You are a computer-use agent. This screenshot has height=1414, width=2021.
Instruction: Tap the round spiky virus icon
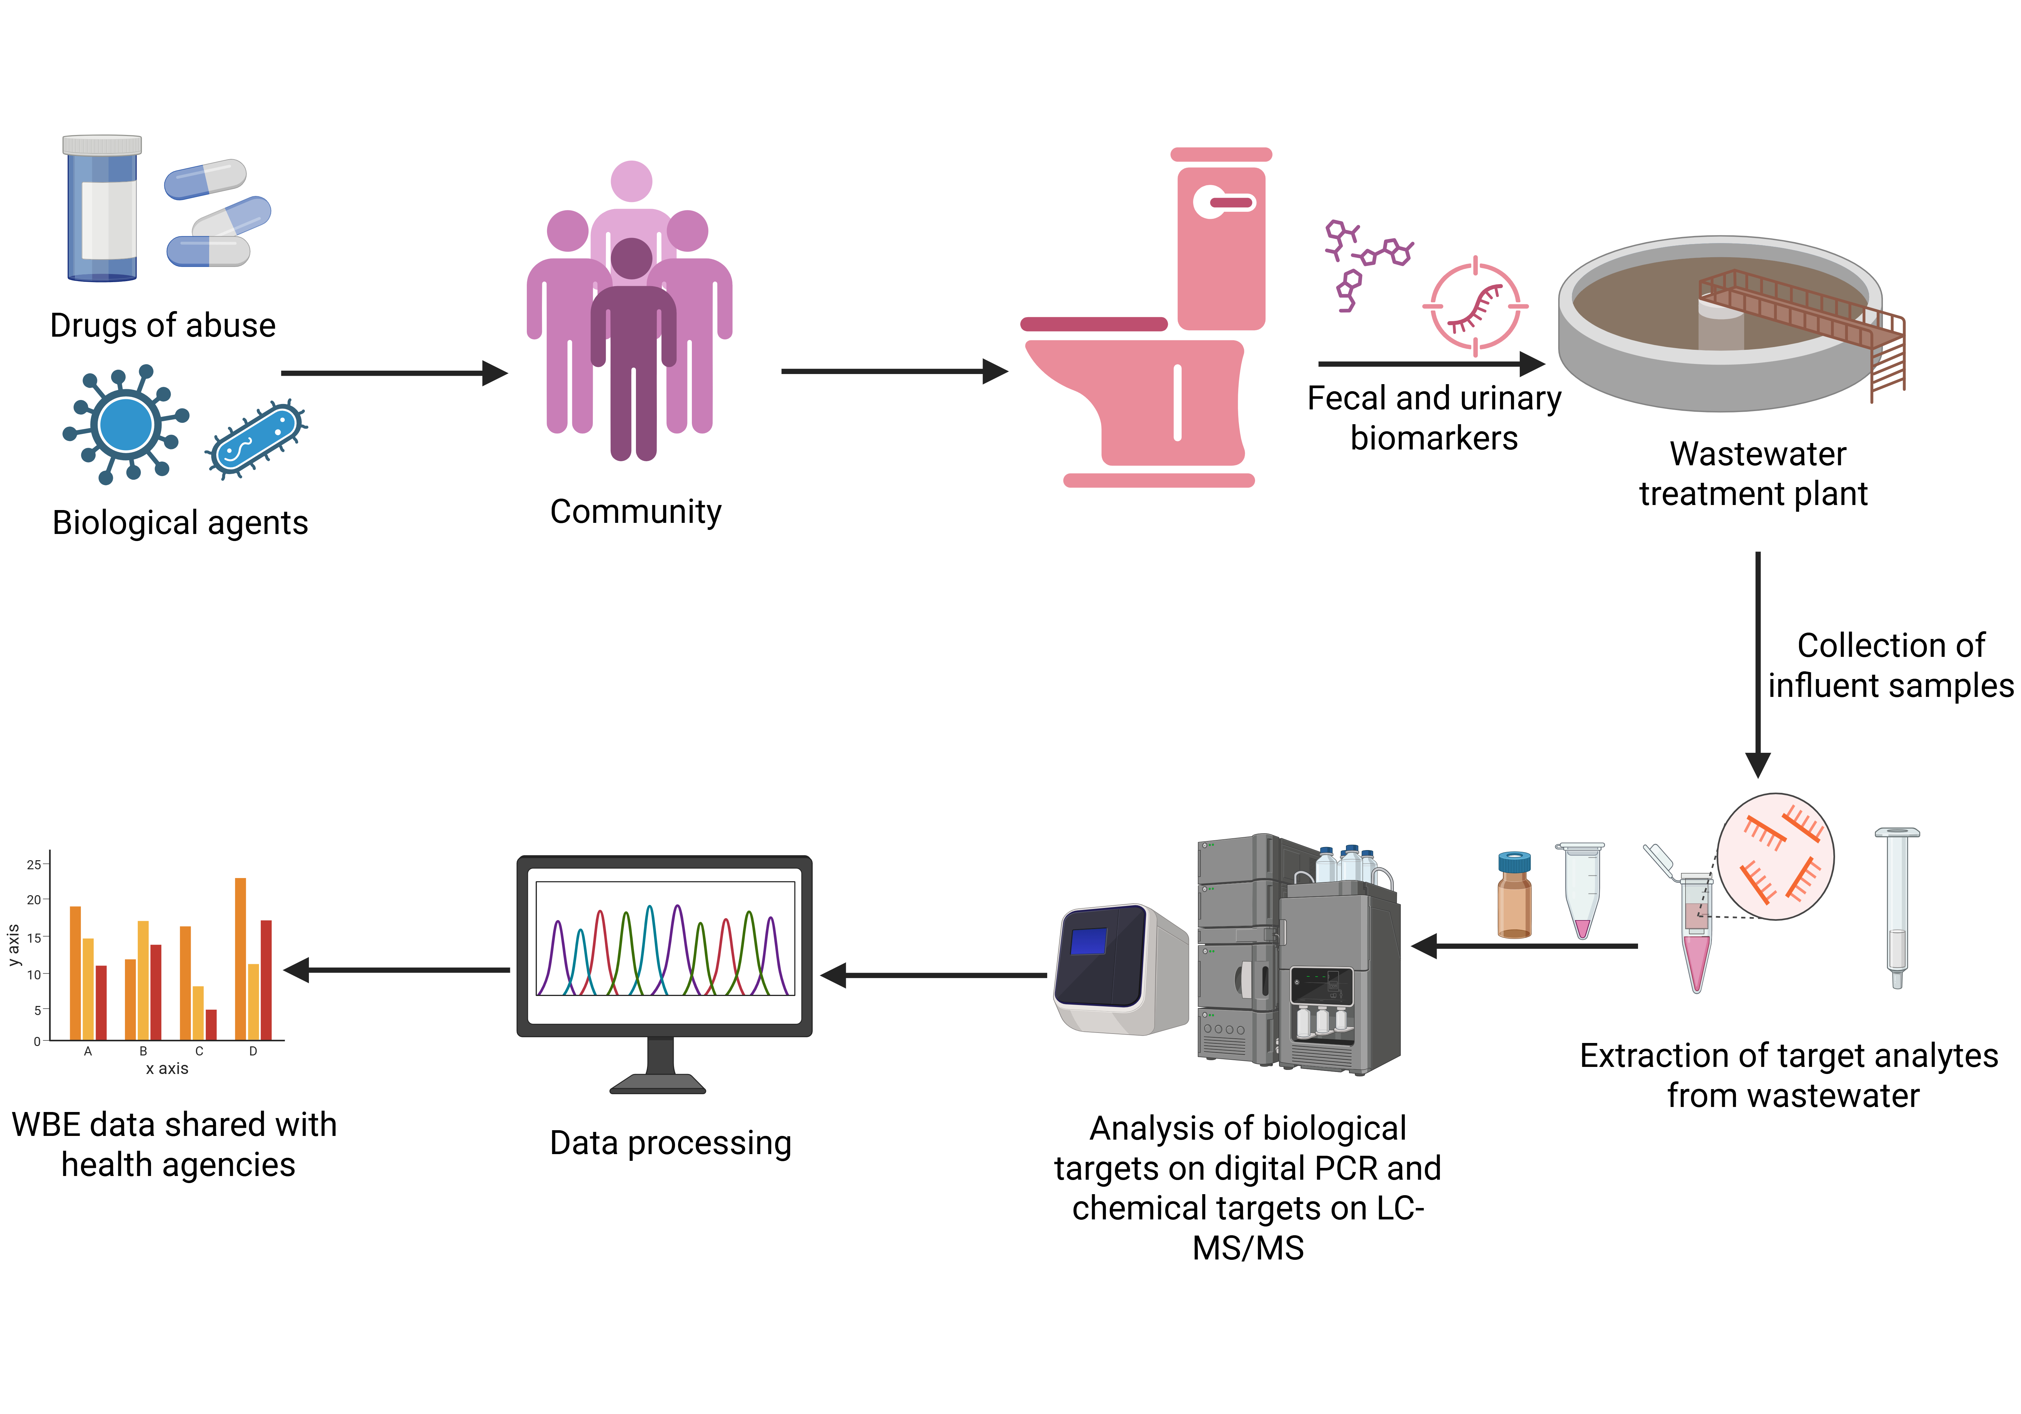point(126,425)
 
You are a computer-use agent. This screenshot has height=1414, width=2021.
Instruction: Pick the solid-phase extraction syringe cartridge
point(1897,906)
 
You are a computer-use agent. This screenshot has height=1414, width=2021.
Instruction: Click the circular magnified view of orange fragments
point(1775,856)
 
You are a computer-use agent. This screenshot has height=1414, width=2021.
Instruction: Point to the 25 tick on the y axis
point(33,864)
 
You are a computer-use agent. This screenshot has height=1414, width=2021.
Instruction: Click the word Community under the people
point(636,511)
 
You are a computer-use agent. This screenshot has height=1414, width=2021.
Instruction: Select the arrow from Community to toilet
point(893,371)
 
